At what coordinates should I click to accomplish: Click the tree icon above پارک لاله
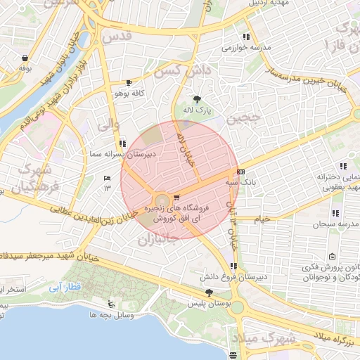click(197, 99)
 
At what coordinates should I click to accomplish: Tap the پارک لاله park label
click(198, 111)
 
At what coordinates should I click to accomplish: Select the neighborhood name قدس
click(117, 35)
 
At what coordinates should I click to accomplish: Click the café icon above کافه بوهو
click(128, 82)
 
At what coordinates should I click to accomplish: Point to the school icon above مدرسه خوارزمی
click(245, 37)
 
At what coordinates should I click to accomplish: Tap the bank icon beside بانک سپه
click(241, 171)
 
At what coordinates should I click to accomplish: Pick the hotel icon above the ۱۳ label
click(107, 178)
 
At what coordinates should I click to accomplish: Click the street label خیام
click(262, 219)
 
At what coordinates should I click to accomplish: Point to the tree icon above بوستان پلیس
click(208, 292)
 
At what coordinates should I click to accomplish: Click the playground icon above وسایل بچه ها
click(111, 305)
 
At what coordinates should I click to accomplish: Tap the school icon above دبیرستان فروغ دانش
click(233, 266)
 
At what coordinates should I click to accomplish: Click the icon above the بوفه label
click(25, 58)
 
